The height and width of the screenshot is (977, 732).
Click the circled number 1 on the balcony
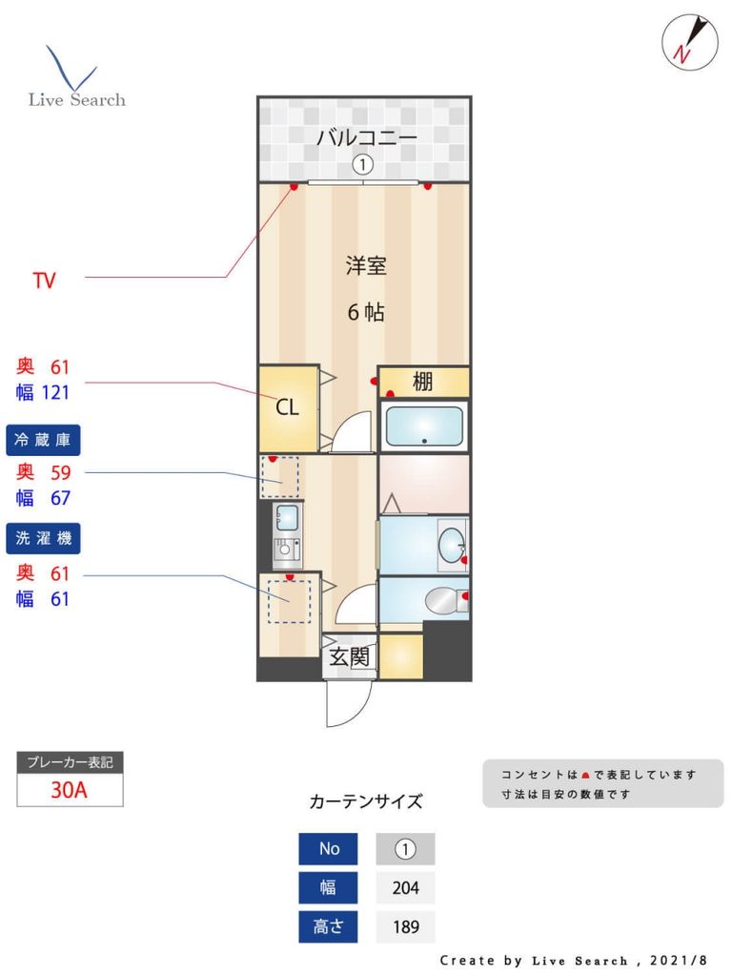[362, 165]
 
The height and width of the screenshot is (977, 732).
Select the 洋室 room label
[366, 266]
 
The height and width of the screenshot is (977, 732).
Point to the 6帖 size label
[366, 312]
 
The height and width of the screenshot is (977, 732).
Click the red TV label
[44, 281]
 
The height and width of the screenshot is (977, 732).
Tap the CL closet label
[287, 407]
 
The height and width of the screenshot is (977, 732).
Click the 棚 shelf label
[423, 383]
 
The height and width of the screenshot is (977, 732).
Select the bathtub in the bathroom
[423, 426]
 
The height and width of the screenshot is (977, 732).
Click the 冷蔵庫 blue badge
[44, 440]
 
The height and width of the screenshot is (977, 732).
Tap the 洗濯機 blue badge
[44, 538]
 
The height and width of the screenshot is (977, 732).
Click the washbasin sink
[449, 545]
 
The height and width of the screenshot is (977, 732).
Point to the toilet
[442, 600]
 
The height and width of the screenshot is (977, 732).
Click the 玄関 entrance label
[349, 656]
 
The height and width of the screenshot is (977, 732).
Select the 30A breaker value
[70, 790]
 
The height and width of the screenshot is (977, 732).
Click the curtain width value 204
[405, 887]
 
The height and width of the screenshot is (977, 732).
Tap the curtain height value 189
[405, 926]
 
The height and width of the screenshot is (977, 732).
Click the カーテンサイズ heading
[366, 801]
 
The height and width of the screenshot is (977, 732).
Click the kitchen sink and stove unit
[287, 534]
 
